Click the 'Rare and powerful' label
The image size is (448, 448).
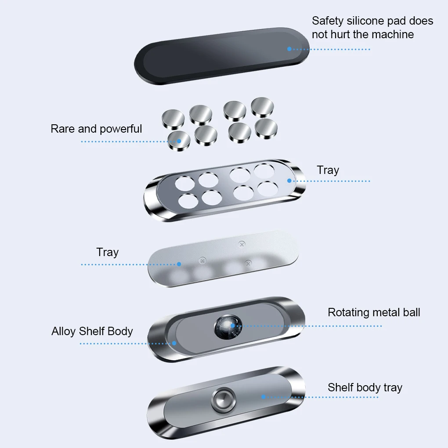pyautogui.click(x=96, y=129)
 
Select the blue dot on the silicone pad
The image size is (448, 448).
pyautogui.click(x=289, y=49)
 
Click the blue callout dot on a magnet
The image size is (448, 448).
pyautogui.click(x=179, y=141)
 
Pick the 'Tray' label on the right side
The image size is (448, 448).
pyautogui.click(x=328, y=170)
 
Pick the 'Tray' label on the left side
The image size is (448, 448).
pyautogui.click(x=107, y=252)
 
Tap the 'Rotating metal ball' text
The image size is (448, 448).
pyautogui.click(x=374, y=312)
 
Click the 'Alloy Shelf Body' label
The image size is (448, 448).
pyautogui.click(x=92, y=331)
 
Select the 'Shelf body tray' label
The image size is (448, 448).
pyautogui.click(x=365, y=387)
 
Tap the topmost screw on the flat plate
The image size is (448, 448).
pyautogui.click(x=241, y=244)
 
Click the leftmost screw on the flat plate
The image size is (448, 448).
pyautogui.click(x=202, y=260)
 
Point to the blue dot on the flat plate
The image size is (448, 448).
pyautogui.click(x=179, y=264)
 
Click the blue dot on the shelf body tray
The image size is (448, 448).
pyautogui.click(x=264, y=397)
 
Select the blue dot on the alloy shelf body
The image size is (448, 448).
pyautogui.click(x=174, y=343)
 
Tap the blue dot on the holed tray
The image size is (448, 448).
pyautogui.click(x=289, y=181)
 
